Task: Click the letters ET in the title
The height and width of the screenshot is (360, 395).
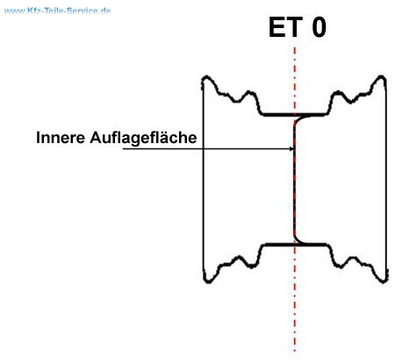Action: pos(285,27)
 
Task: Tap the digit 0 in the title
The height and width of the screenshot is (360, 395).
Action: pos(319,27)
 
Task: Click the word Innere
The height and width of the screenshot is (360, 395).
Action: pos(61,137)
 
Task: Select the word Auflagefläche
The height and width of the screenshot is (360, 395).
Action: pos(143,138)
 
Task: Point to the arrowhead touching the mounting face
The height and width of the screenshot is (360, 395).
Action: pos(291,149)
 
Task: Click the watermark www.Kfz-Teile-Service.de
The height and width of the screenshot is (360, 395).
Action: pos(58,11)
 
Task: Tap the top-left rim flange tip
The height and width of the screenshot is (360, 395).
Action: pos(206,77)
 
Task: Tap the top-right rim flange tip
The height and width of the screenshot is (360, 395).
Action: pos(381,76)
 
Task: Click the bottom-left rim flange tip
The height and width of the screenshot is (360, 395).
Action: pos(207,282)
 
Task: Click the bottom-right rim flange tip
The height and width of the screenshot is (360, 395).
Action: pos(384,282)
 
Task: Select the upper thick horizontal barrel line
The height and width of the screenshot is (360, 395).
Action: pos(294,114)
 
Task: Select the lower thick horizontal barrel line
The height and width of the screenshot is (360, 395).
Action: pos(296,244)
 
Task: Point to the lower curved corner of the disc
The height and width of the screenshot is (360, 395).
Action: pos(298,240)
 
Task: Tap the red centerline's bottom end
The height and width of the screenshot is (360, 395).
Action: pos(295,350)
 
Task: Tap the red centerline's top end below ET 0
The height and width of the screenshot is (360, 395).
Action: pos(295,47)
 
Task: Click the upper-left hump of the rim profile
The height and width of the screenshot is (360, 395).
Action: pos(249,92)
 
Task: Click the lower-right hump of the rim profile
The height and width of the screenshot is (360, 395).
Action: pos(352,257)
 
